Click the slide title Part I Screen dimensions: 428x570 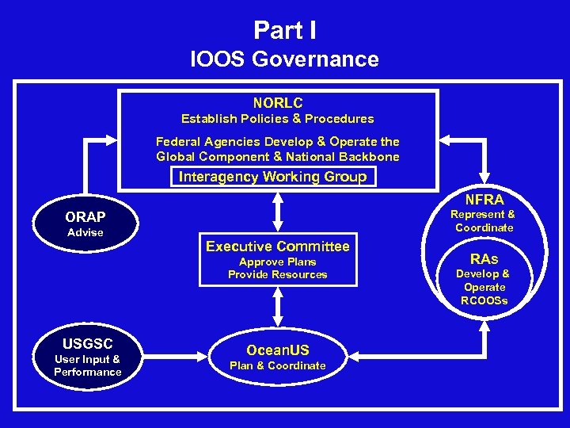click(x=285, y=30)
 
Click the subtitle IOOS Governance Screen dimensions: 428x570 click(x=285, y=59)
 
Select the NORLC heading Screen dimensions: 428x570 click(x=277, y=103)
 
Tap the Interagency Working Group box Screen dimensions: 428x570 click(x=273, y=176)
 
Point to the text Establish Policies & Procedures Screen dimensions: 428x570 click(x=277, y=119)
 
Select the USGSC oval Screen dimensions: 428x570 click(x=88, y=357)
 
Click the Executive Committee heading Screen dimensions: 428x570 click(x=277, y=246)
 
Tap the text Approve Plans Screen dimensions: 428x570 click(x=277, y=262)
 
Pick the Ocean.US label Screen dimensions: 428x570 click(x=277, y=350)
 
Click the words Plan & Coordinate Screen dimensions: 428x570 click(x=277, y=365)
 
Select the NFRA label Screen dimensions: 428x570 click(x=484, y=200)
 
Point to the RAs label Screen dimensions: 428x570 click(x=484, y=258)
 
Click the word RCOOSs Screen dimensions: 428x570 click(x=484, y=300)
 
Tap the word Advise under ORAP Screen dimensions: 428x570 click(x=85, y=232)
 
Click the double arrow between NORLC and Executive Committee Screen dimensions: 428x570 click(x=278, y=212)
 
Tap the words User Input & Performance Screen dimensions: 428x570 click(x=88, y=365)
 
